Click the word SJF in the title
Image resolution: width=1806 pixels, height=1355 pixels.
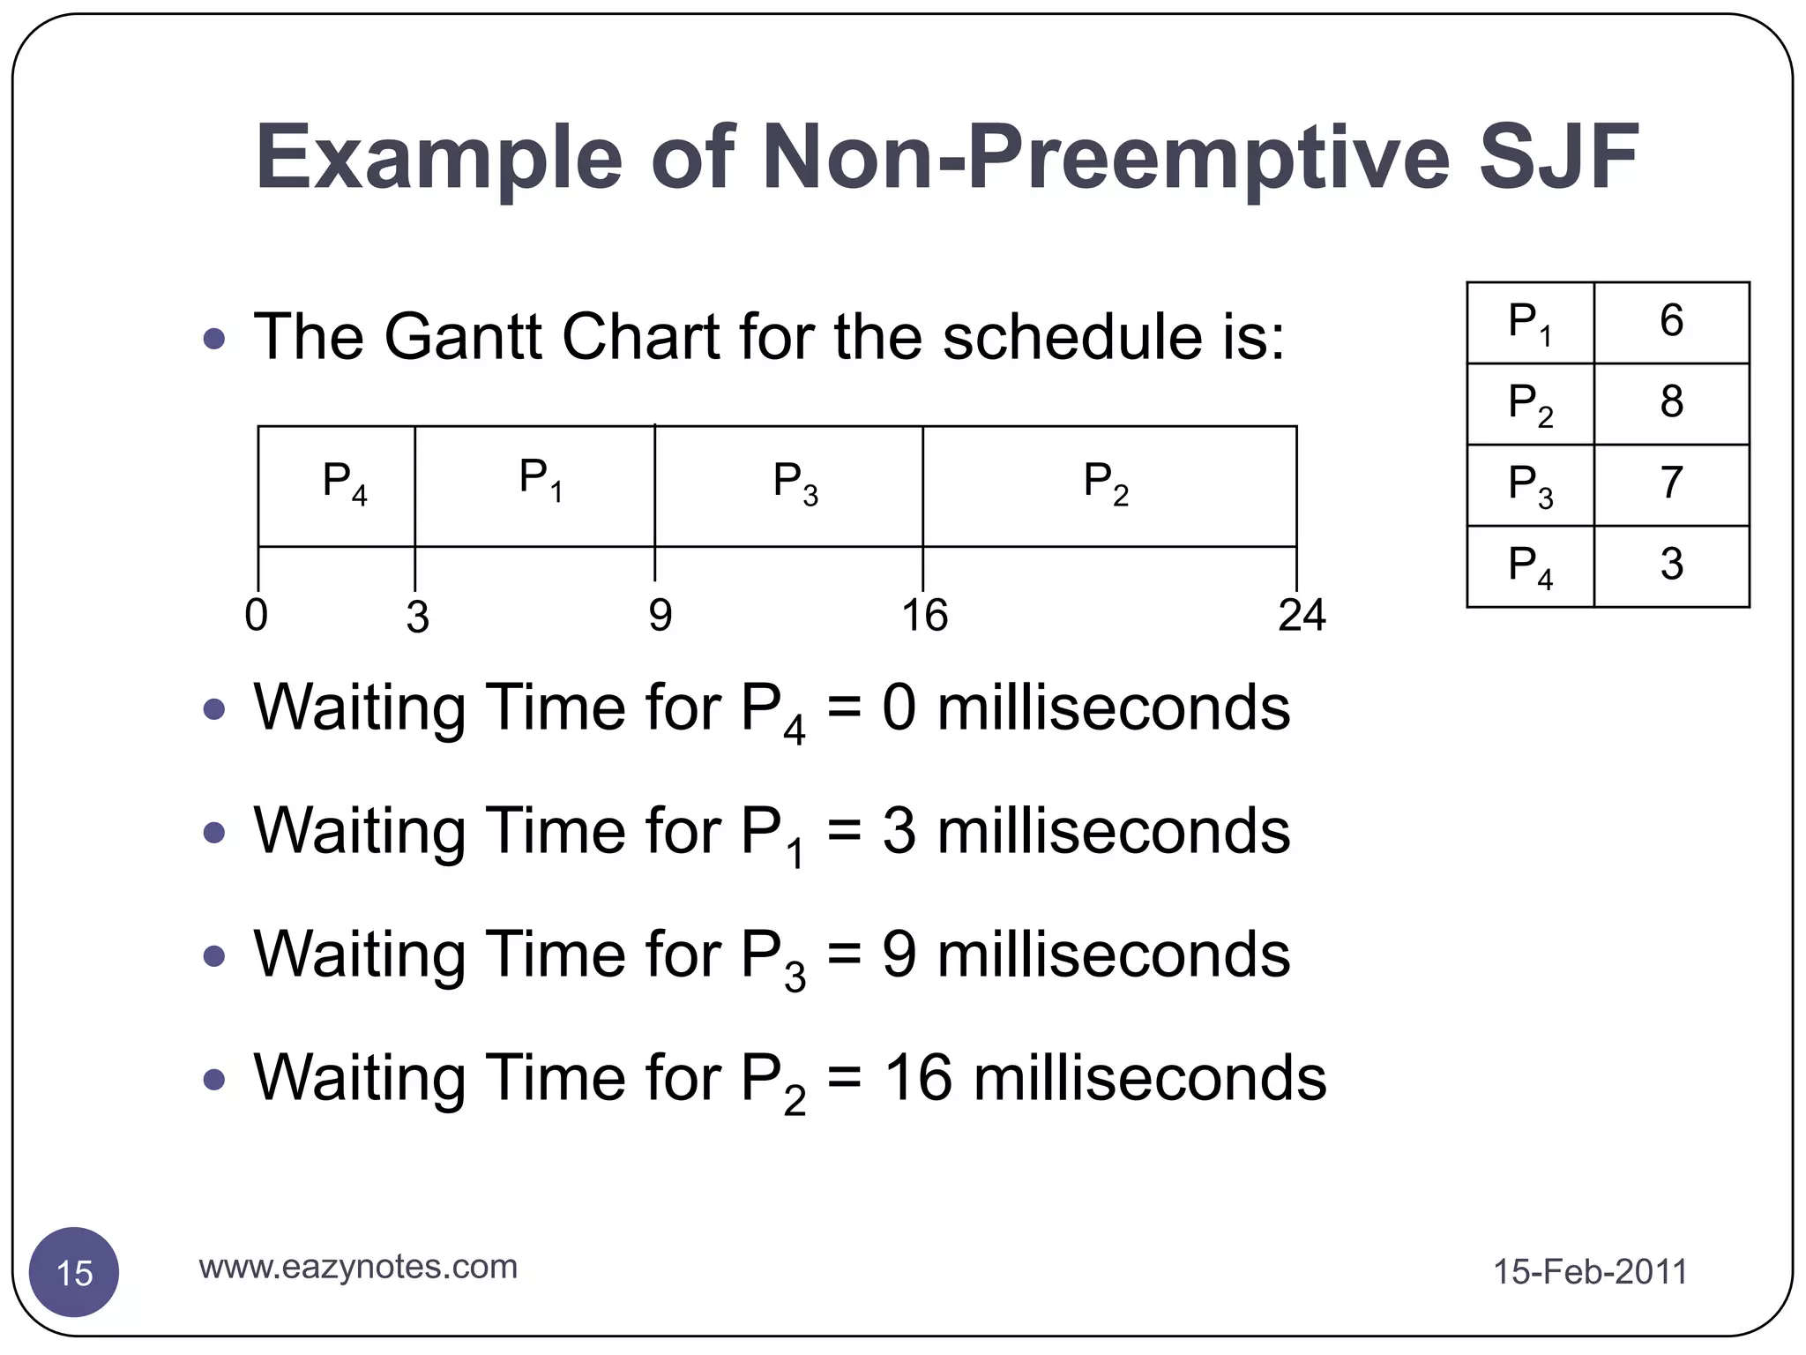coord(1557,159)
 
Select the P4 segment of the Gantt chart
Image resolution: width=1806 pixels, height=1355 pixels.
coord(336,486)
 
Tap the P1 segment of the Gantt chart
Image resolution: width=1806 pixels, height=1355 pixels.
coord(534,486)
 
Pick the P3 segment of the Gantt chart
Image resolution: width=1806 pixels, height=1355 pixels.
coord(788,486)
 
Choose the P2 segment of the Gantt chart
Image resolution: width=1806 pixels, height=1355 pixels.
coord(1108,486)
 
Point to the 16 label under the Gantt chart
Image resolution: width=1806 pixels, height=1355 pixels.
coord(923,615)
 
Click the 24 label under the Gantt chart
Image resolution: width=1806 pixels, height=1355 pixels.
coord(1301,615)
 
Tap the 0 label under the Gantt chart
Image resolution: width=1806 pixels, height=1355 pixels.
coord(256,615)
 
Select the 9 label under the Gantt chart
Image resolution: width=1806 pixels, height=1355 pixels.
coord(660,615)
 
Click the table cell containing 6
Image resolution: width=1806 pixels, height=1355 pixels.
coord(1671,322)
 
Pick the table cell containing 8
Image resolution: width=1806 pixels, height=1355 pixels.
coord(1671,403)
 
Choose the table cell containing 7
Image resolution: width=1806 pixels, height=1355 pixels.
coord(1671,484)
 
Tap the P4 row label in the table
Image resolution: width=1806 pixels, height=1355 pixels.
coord(1530,566)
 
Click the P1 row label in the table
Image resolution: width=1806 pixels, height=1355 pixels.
coord(1530,323)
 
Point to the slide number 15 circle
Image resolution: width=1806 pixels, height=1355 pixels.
coord(74,1272)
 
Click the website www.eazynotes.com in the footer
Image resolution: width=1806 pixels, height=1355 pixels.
coord(358,1267)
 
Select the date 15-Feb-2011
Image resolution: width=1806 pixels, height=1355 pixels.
coord(1589,1272)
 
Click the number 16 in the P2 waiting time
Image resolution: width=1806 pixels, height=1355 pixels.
coord(917,1078)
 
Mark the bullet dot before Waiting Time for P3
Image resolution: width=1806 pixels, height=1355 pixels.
coord(213,955)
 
